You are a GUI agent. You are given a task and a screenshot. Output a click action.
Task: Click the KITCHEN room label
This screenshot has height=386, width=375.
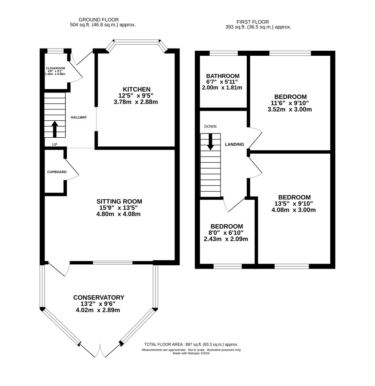coord(137,89)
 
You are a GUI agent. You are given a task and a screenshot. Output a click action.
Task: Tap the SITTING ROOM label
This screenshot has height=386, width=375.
coord(119,201)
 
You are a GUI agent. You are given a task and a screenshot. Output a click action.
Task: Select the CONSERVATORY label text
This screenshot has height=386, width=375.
coord(99,297)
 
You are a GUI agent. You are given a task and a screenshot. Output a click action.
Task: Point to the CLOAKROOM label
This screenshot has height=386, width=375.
coord(55,68)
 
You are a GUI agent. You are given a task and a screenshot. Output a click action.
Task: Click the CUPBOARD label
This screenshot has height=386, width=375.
coord(57,172)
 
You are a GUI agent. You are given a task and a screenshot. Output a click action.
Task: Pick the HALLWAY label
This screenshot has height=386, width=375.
coord(79,117)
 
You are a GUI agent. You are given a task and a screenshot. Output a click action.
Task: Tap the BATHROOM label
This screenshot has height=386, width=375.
coord(223,76)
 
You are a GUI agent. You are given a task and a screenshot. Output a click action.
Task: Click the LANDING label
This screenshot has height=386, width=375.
coord(234,144)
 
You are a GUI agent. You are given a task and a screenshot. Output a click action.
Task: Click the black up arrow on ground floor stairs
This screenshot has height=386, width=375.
coord(55,129)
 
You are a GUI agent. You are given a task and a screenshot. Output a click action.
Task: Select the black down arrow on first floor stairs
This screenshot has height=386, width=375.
coord(210,142)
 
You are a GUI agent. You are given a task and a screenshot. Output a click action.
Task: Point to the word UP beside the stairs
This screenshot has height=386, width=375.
coord(55,144)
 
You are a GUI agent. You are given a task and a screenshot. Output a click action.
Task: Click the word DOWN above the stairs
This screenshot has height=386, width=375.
coord(210,127)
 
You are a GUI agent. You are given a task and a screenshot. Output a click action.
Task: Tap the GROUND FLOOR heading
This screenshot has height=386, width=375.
coord(99,20)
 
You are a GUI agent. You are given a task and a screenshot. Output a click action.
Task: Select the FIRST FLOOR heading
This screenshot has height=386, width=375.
coord(253,22)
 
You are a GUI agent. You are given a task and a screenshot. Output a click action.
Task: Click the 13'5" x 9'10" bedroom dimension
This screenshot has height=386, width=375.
coord(294,204)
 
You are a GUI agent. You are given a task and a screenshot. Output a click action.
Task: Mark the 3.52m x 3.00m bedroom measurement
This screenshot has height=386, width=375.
coord(290,109)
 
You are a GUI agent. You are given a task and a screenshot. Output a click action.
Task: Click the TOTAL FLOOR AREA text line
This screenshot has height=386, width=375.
coord(191,344)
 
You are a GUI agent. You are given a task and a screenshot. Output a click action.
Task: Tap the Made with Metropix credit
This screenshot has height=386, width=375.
coord(191,353)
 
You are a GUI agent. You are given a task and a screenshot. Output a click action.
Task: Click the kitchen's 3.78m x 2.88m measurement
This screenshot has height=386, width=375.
coord(136,102)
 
